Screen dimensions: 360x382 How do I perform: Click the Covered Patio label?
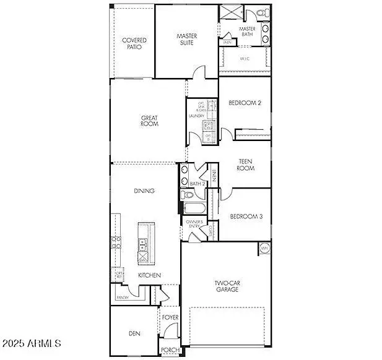[x=134, y=44]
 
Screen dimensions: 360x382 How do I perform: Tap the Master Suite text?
[x=186, y=40]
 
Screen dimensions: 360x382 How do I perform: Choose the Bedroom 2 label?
[x=245, y=103]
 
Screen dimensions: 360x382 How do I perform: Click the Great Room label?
[x=149, y=121]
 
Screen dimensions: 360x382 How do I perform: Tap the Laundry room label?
[x=196, y=116]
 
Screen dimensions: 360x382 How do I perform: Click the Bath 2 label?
[x=197, y=184]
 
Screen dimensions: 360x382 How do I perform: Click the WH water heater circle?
[x=264, y=249]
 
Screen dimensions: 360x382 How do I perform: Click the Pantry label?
[x=122, y=298]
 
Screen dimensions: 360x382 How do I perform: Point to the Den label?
[x=134, y=333]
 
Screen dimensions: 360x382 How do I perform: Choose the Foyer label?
[x=170, y=318]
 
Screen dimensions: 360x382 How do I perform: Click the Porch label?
[x=170, y=350]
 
